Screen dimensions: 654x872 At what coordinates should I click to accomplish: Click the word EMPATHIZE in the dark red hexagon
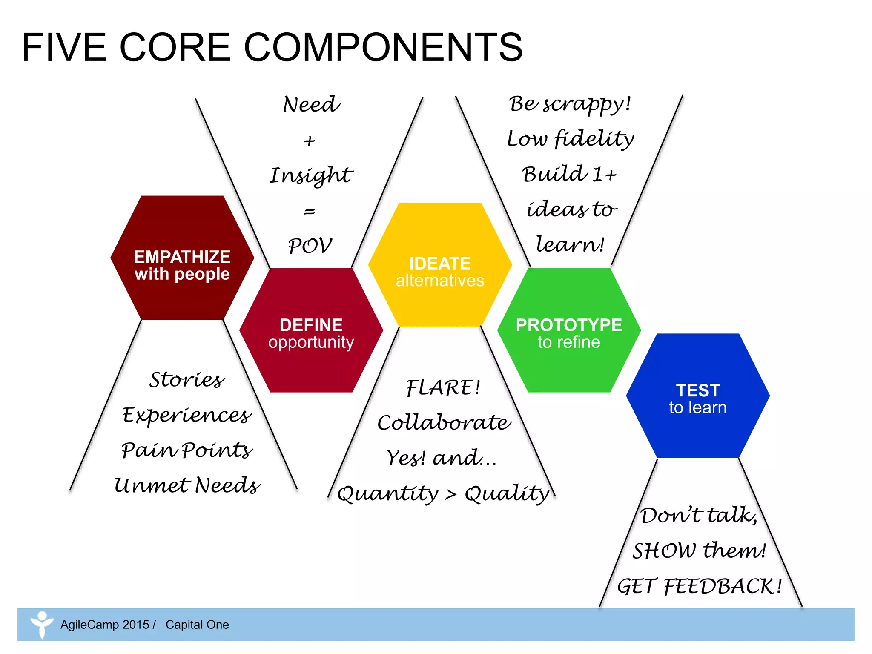182,257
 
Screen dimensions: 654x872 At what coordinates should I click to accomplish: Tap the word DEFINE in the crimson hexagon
311,325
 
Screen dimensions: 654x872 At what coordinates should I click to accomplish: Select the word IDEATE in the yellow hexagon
440,264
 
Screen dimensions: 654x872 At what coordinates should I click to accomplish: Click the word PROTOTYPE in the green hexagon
569,325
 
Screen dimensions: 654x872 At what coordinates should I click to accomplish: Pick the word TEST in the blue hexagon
698,390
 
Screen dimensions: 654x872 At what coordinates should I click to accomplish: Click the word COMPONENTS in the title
383,47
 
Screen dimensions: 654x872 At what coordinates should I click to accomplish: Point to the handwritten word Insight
311,175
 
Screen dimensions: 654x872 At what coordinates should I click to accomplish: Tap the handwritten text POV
310,246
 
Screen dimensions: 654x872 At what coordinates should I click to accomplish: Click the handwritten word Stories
186,379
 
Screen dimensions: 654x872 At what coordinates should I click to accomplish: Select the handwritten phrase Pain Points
186,450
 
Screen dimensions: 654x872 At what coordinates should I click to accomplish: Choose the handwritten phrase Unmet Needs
186,485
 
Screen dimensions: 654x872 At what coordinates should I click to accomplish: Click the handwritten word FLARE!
443,388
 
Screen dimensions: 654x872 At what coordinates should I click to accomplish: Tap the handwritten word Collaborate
444,423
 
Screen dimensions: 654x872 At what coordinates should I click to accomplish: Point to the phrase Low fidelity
570,139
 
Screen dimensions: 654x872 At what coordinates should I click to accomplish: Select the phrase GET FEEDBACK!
699,586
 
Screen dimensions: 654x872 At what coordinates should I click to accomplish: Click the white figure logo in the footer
42,624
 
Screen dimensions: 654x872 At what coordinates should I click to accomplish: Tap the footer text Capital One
197,625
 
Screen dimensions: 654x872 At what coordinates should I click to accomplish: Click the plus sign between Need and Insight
310,141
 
